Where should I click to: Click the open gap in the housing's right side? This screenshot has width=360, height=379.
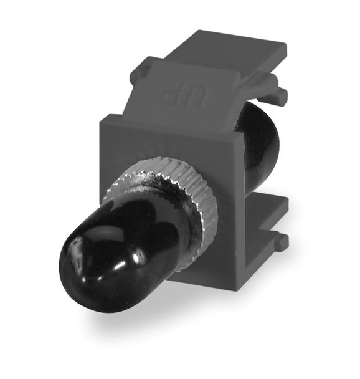[262, 187]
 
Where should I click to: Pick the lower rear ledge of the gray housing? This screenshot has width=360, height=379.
[265, 212]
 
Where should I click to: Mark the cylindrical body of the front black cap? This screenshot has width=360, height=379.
[125, 243]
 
